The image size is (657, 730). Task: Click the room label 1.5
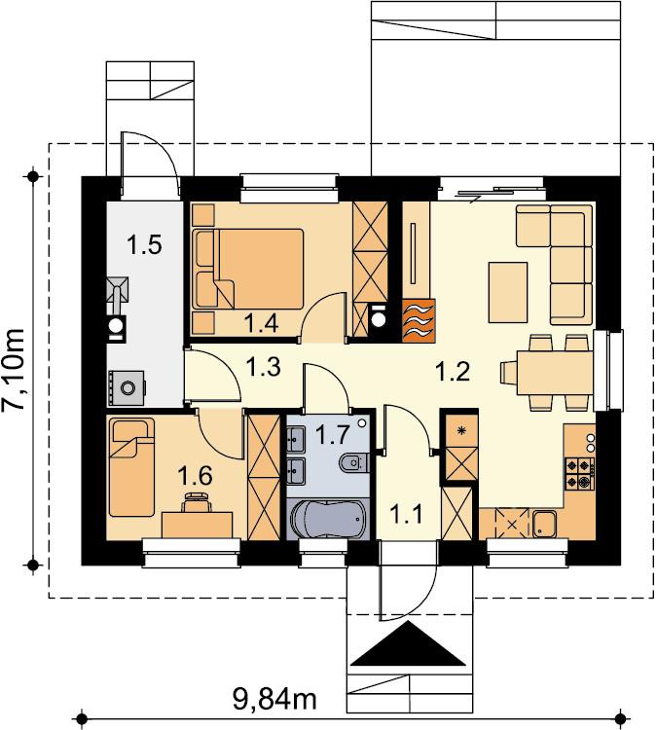(145, 245)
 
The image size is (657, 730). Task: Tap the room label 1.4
(261, 323)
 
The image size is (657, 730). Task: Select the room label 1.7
(332, 435)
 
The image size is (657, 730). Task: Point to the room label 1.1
(406, 515)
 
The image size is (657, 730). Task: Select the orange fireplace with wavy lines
(419, 320)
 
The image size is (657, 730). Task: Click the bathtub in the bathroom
(328, 519)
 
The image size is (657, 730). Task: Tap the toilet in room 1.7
(354, 462)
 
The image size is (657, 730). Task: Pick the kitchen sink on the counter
(543, 525)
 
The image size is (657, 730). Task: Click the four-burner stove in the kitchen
(580, 473)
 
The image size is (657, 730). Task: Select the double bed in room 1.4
(248, 269)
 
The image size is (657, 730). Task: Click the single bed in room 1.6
(131, 467)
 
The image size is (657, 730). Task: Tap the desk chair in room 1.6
(197, 502)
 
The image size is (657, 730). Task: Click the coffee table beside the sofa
(508, 292)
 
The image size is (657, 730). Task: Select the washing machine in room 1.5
(127, 386)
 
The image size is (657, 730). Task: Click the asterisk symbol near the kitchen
(461, 430)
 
